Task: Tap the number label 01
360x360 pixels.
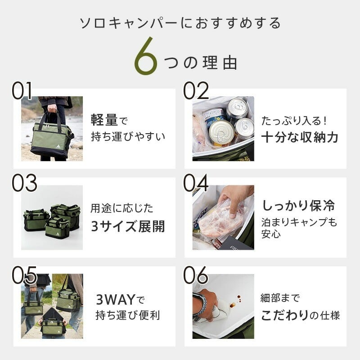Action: click(22, 91)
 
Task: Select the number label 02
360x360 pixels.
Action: click(196, 91)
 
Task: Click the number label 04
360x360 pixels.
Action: click(196, 183)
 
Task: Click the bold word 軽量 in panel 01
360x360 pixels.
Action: click(104, 120)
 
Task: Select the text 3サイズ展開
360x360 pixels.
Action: click(128, 226)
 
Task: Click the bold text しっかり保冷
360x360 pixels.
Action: click(298, 206)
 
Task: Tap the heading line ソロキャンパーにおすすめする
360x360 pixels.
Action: click(180, 23)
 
